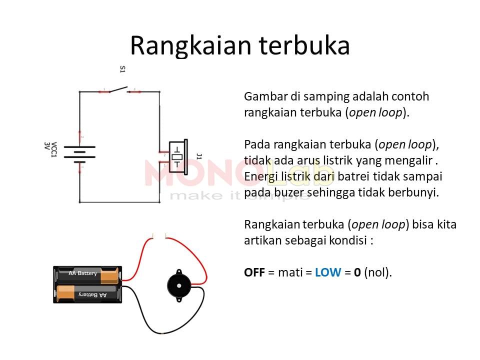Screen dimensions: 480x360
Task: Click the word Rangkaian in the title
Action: (x=190, y=46)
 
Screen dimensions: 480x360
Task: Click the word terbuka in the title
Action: (x=304, y=45)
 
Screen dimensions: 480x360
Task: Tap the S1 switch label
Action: (x=122, y=69)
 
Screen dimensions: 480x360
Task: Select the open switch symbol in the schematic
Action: (x=119, y=89)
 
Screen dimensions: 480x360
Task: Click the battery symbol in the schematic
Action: (x=79, y=154)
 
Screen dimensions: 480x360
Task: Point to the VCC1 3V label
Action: (x=50, y=149)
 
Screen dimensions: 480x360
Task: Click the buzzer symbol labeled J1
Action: (x=178, y=156)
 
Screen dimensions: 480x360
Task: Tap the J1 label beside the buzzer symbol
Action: (x=199, y=156)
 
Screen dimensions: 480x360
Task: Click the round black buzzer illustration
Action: (x=179, y=285)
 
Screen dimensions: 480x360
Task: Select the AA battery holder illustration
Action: (x=87, y=284)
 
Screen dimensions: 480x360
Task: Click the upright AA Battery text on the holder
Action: (x=82, y=273)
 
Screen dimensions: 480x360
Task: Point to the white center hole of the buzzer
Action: (x=179, y=286)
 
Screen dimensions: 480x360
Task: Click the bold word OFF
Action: (x=254, y=272)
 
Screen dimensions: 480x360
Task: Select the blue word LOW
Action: (x=328, y=272)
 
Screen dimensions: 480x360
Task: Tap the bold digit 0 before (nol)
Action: (x=357, y=272)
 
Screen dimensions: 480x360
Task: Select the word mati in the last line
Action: (x=290, y=272)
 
